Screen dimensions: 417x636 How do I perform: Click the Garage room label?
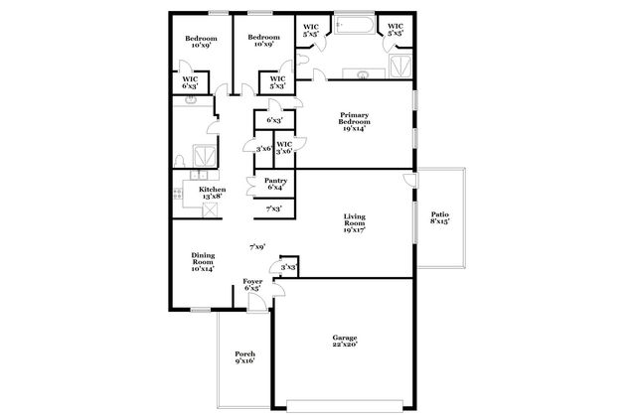click(344, 343)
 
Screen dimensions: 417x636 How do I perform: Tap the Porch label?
click(244, 357)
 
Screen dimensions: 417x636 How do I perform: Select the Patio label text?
click(439, 217)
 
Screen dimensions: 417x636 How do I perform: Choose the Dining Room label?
click(203, 261)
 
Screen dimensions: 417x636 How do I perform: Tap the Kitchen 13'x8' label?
click(212, 194)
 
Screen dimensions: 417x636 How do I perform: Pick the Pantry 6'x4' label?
click(276, 184)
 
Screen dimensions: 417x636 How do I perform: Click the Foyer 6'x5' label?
click(252, 286)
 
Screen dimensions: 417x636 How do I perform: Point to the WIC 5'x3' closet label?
click(277, 82)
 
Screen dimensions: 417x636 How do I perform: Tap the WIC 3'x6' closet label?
click(284, 147)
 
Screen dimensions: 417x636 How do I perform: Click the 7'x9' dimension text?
click(256, 246)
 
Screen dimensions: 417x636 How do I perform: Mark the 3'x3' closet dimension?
click(288, 267)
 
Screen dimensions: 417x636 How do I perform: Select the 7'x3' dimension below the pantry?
click(273, 208)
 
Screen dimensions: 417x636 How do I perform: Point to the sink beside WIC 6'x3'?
click(190, 100)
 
